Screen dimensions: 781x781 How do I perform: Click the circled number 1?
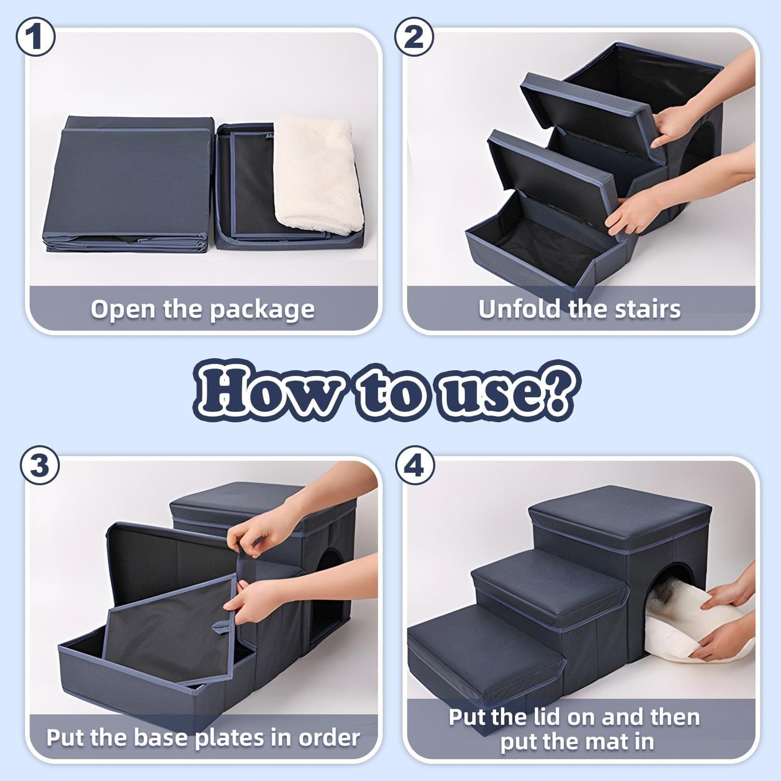35,37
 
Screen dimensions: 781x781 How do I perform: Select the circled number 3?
39,465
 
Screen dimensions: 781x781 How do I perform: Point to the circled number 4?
415,465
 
